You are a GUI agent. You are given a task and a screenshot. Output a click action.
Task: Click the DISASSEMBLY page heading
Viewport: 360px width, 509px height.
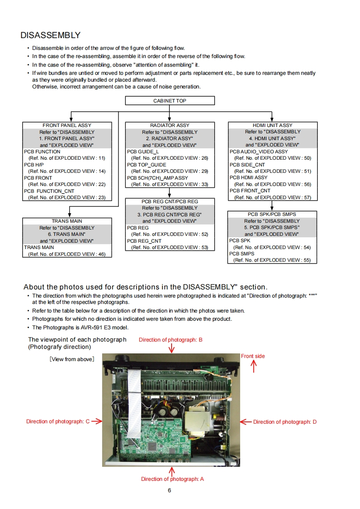click(x=50, y=35)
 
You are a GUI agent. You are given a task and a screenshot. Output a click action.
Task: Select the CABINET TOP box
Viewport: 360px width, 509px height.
click(x=170, y=101)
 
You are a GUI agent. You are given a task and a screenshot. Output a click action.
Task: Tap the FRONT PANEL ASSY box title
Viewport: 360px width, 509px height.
click(x=67, y=125)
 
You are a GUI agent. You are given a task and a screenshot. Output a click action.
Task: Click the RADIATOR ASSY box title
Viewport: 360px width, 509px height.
click(x=170, y=125)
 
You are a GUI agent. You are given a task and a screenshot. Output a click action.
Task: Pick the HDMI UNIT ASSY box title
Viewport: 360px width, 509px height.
click(x=272, y=125)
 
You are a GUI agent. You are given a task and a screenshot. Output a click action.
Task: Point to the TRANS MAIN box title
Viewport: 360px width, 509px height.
click(x=67, y=221)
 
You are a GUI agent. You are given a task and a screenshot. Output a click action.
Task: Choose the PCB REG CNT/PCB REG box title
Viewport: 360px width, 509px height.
click(x=170, y=201)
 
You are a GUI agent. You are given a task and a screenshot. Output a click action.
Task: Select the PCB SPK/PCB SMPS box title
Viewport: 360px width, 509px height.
click(x=272, y=214)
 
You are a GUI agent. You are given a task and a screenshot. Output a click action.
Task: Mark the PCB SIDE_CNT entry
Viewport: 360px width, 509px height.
click(x=247, y=165)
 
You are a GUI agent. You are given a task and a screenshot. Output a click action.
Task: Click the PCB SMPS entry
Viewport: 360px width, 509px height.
click(x=242, y=254)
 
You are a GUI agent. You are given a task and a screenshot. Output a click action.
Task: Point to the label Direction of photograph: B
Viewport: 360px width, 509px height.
click(x=171, y=340)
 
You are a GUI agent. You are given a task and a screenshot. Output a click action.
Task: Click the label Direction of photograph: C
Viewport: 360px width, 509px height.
click(x=58, y=421)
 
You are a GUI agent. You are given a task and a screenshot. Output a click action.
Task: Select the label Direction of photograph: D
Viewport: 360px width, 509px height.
click(x=285, y=422)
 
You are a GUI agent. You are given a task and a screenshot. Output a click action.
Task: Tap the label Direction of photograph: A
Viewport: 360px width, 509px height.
click(x=173, y=479)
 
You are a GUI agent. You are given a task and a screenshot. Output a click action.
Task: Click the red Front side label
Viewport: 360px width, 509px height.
click(x=253, y=356)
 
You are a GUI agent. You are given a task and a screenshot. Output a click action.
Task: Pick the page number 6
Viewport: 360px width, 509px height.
click(x=169, y=490)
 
